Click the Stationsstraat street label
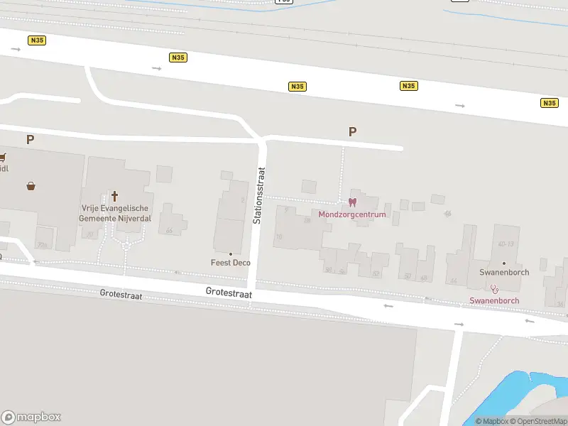pyautogui.click(x=258, y=195)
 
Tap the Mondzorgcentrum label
pyautogui.click(x=352, y=214)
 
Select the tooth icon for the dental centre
pyautogui.click(x=352, y=202)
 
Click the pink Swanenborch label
pyautogui.click(x=494, y=300)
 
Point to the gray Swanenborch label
pyautogui.click(x=503, y=273)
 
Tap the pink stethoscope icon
pyautogui.click(x=494, y=288)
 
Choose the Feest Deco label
pyautogui.click(x=231, y=263)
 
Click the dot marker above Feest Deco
pyautogui.click(x=231, y=253)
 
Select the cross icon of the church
pyautogui.click(x=114, y=195)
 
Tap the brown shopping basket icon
pyautogui.click(x=31, y=187)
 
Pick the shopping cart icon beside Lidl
pyautogui.click(x=2, y=157)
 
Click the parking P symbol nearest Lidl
pyautogui.click(x=30, y=139)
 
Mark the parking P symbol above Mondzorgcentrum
pyautogui.click(x=352, y=131)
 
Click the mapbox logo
pyautogui.click(x=31, y=417)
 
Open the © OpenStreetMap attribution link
pyautogui.click(x=538, y=421)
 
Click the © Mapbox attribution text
pyautogui.click(x=491, y=421)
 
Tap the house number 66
pyautogui.click(x=169, y=231)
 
